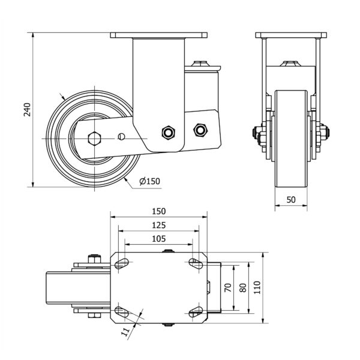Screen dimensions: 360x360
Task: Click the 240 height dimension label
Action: pyautogui.click(x=26, y=109)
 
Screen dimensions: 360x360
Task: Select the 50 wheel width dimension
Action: pyautogui.click(x=291, y=200)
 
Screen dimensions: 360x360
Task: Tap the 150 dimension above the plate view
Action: pyautogui.click(x=158, y=211)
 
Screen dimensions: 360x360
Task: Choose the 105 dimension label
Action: pyautogui.click(x=158, y=239)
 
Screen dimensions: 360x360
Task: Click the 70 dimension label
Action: pyautogui.click(x=227, y=287)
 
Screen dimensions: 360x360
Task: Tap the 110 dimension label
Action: pyautogui.click(x=257, y=287)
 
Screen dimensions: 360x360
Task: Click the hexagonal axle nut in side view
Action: pyautogui.click(x=93, y=137)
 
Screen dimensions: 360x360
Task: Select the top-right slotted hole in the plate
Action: pyautogui.click(x=195, y=263)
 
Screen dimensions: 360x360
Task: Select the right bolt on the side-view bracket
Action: pyautogui.click(x=199, y=129)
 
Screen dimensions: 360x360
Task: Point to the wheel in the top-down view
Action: pyautogui.click(x=60, y=287)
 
